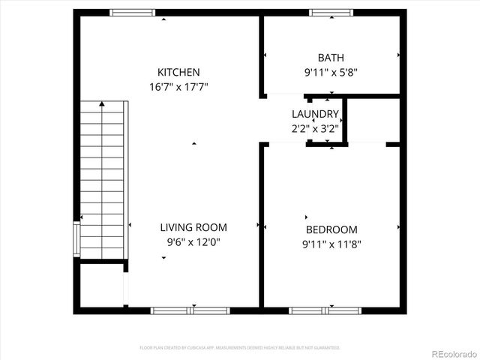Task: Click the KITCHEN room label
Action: pos(178,72)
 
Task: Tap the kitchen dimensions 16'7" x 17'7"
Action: pos(178,86)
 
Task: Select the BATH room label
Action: pos(331,57)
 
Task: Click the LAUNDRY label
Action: pos(315,114)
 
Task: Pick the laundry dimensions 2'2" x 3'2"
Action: pos(315,127)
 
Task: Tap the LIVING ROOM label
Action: pos(193,227)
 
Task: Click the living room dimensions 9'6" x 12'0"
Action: pos(193,241)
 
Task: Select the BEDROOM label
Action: pos(331,229)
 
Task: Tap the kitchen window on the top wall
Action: pos(133,12)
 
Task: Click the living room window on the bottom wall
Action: pos(190,310)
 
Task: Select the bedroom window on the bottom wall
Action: pos(325,310)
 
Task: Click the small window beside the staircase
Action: pos(76,238)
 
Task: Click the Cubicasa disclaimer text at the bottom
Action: pos(240,348)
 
